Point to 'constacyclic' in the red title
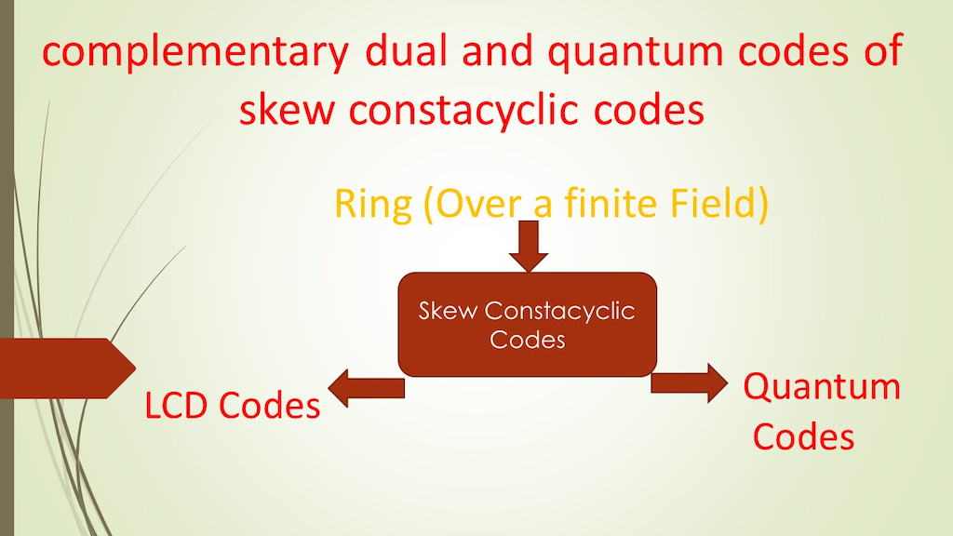click(x=455, y=111)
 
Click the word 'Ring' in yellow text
click(x=371, y=206)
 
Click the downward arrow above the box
click(x=529, y=246)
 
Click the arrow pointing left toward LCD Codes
click(x=367, y=388)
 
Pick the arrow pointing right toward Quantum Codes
click(x=690, y=382)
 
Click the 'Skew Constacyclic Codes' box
click(x=528, y=325)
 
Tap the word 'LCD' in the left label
click(x=178, y=406)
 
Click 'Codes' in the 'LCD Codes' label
click(x=270, y=406)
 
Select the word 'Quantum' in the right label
click(x=822, y=387)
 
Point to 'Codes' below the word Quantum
click(x=804, y=435)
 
